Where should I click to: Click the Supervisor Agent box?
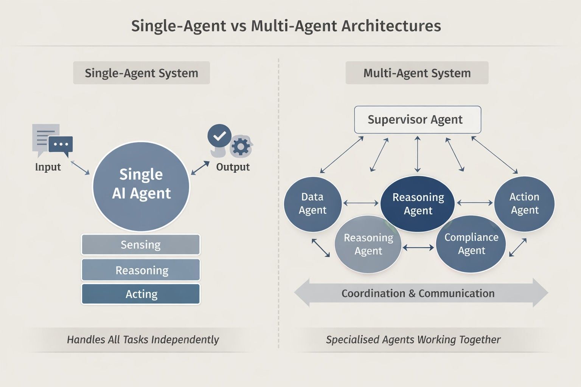[417, 120]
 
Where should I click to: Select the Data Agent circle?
[312, 204]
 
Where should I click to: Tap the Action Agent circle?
[524, 204]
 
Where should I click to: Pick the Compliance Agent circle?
[471, 244]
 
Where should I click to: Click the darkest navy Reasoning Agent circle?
[418, 204]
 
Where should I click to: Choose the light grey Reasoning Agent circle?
[368, 245]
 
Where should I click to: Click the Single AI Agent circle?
[141, 185]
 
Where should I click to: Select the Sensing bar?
[141, 245]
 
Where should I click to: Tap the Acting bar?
[141, 294]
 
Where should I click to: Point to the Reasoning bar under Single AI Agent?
[141, 270]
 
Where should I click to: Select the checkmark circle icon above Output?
[219, 136]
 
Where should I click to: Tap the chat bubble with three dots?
[61, 144]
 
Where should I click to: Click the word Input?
[48, 167]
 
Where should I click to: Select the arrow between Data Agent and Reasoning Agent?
[360, 203]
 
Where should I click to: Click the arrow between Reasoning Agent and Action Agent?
[475, 203]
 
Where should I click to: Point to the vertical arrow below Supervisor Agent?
[417, 154]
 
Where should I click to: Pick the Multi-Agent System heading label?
[417, 73]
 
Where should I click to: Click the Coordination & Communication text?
[418, 294]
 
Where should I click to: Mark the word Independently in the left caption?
[185, 340]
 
